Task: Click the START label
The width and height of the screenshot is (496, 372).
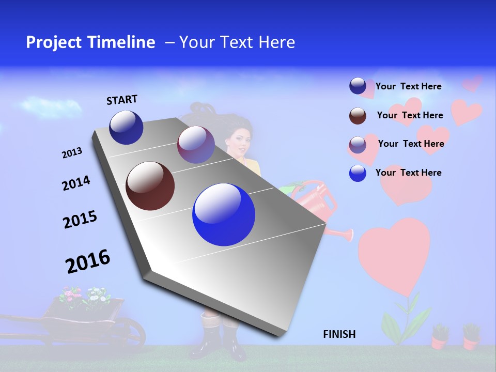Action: coord(122,100)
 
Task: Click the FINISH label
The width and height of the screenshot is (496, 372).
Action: coord(339,334)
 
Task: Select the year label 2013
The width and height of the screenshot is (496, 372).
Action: coord(72,153)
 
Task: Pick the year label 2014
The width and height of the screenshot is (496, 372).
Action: coord(76,183)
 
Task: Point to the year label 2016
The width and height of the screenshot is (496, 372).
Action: coord(88,261)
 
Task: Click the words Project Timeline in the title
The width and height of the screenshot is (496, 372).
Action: coord(90,42)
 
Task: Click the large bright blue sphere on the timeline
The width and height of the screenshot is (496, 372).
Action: coord(224,214)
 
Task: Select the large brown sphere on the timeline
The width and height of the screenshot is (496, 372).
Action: coord(150,186)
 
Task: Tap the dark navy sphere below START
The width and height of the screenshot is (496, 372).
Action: coord(126,127)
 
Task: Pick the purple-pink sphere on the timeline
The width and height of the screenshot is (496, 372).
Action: coord(196,145)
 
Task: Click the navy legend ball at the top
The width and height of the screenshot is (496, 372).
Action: coord(358,86)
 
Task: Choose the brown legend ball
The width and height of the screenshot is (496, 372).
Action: coord(358,116)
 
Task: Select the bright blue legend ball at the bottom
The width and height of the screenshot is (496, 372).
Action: coord(358,173)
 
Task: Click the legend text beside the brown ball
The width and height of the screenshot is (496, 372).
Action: coord(410,115)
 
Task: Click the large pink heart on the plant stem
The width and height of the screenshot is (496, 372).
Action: coord(394,253)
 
